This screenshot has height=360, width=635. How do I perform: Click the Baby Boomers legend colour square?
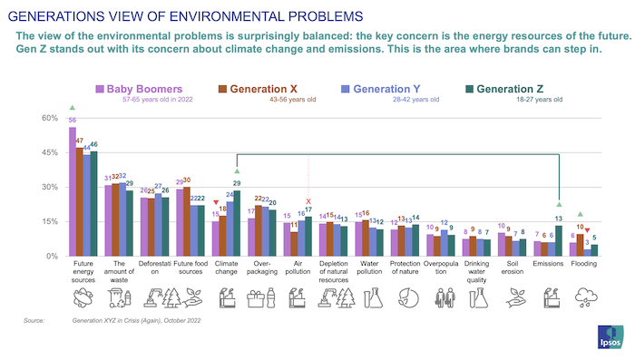[x=100, y=89]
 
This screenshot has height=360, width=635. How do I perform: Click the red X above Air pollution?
[x=309, y=201]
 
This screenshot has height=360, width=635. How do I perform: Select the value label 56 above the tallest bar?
[x=72, y=121]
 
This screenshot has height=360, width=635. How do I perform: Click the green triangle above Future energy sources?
[x=72, y=108]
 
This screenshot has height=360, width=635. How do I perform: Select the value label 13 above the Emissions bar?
[x=559, y=219]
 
